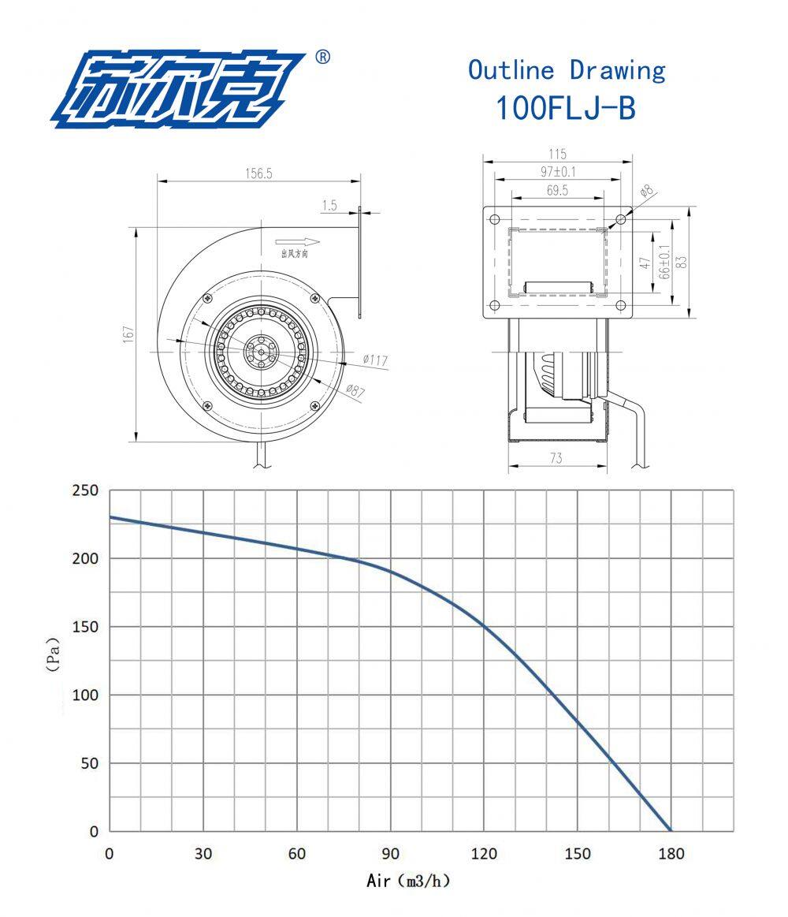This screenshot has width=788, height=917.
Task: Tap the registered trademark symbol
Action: tap(322, 57)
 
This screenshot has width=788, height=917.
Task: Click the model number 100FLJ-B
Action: tap(565, 108)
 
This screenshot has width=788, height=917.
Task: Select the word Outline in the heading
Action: tap(511, 69)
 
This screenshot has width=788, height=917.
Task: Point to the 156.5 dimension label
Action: tap(258, 173)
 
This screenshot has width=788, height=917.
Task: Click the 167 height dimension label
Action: tap(128, 334)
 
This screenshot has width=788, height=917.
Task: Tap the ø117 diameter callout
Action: tap(375, 360)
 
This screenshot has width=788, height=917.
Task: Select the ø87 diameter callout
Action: tap(355, 390)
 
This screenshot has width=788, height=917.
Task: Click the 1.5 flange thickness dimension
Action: tap(329, 205)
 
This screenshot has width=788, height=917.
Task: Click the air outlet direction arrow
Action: tap(298, 242)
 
